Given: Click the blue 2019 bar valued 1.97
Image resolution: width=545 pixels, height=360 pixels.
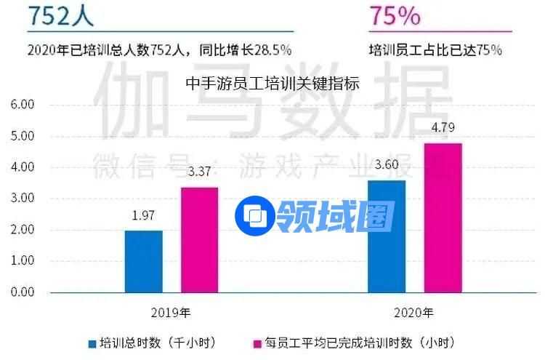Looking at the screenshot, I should click(x=144, y=261).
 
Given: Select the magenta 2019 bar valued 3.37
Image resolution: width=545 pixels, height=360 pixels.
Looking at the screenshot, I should click(x=199, y=239).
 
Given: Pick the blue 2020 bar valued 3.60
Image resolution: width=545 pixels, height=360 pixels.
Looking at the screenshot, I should click(x=387, y=236).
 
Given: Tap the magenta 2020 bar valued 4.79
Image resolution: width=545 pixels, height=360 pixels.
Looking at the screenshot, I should click(x=443, y=217).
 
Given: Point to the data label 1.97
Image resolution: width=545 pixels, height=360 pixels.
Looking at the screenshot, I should click(x=143, y=216).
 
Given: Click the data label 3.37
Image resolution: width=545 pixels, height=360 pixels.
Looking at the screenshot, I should click(x=199, y=173).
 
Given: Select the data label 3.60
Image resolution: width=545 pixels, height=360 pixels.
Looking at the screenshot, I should click(x=387, y=166).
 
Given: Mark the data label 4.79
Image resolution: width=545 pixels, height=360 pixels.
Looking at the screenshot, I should click(x=443, y=129).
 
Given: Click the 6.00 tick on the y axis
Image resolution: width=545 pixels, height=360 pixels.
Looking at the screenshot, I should click(x=22, y=105).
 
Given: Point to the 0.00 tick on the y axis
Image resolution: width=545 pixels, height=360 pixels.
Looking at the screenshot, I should click(x=22, y=292).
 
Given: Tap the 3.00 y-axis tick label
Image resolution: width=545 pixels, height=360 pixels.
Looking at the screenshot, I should click(x=22, y=199).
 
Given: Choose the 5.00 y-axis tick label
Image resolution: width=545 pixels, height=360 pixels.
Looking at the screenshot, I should click(x=22, y=136).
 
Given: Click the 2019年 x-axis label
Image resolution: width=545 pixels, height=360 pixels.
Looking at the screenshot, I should click(x=172, y=313).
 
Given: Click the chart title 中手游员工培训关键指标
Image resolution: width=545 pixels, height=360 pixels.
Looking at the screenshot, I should click(x=272, y=83).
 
